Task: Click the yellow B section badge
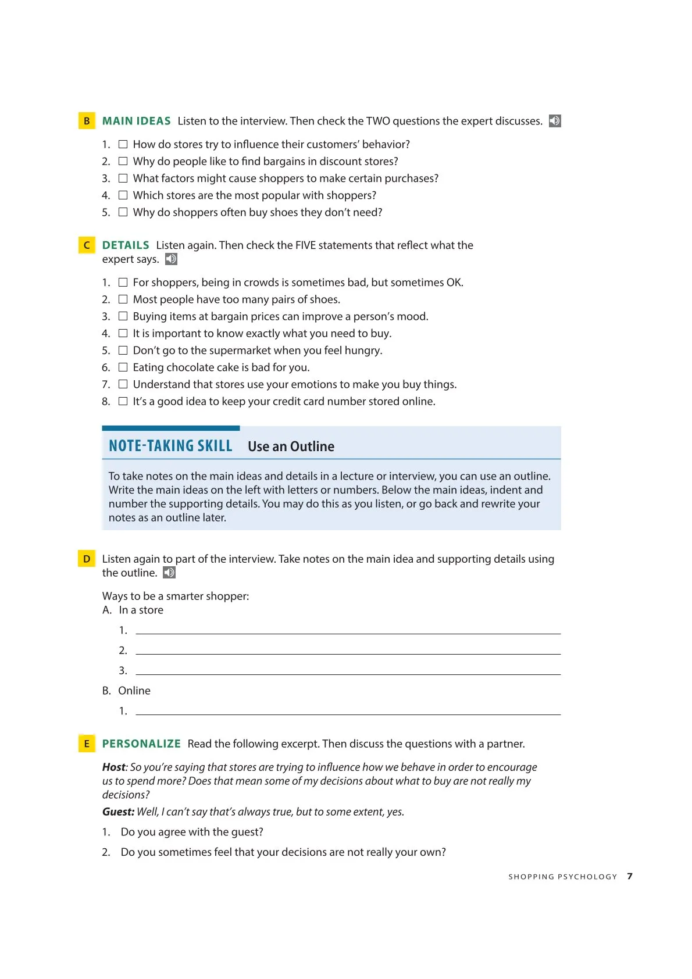click(87, 121)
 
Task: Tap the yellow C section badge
click(87, 245)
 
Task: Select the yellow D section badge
click(87, 559)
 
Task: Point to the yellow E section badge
click(87, 744)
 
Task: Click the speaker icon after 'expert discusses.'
click(555, 121)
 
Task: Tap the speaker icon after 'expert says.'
click(171, 259)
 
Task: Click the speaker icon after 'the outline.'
click(169, 573)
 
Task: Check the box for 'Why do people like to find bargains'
click(123, 161)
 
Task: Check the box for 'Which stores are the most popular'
click(123, 195)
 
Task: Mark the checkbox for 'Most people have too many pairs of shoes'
click(123, 299)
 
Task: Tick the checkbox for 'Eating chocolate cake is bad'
click(123, 367)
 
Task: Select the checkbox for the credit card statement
click(123, 401)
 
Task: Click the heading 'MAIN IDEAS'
click(136, 121)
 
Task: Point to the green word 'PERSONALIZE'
click(141, 744)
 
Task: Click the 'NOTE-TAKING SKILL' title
click(170, 446)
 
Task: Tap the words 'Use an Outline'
click(291, 446)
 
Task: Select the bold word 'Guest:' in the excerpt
click(118, 812)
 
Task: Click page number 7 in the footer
click(630, 876)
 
